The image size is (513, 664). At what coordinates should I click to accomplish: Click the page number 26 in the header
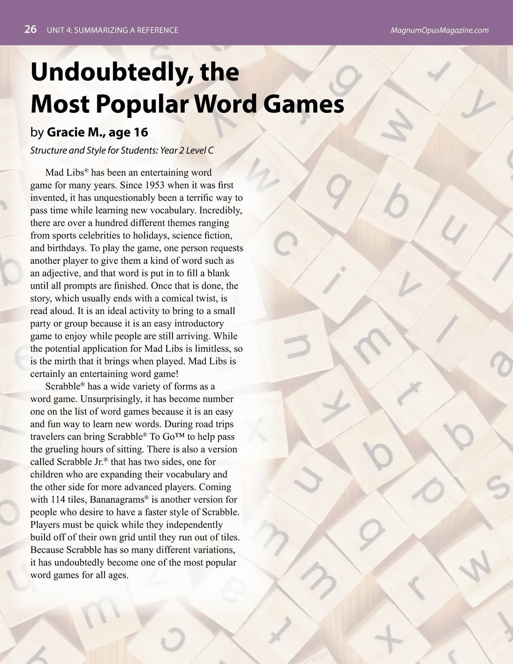(x=30, y=30)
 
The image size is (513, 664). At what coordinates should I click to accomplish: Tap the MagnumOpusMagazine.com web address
(x=439, y=30)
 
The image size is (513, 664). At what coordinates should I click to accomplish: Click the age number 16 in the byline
(x=141, y=132)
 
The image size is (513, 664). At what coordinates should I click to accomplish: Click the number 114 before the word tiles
(x=58, y=499)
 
